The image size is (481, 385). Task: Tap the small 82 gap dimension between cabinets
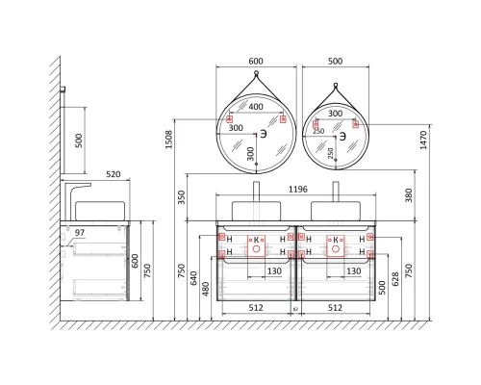pos(295,309)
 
